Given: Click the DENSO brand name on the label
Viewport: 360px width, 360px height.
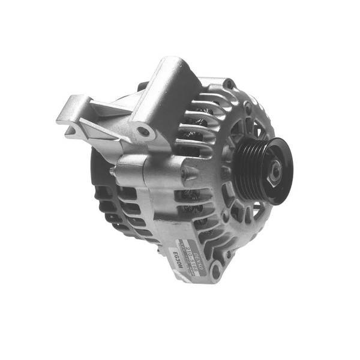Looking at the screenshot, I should click(x=191, y=236).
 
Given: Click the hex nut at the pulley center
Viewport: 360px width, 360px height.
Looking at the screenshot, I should click(x=274, y=172).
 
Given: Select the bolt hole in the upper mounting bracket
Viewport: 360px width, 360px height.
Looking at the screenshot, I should click(x=143, y=131).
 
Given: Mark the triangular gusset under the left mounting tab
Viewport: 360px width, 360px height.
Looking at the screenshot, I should click(x=96, y=129).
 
